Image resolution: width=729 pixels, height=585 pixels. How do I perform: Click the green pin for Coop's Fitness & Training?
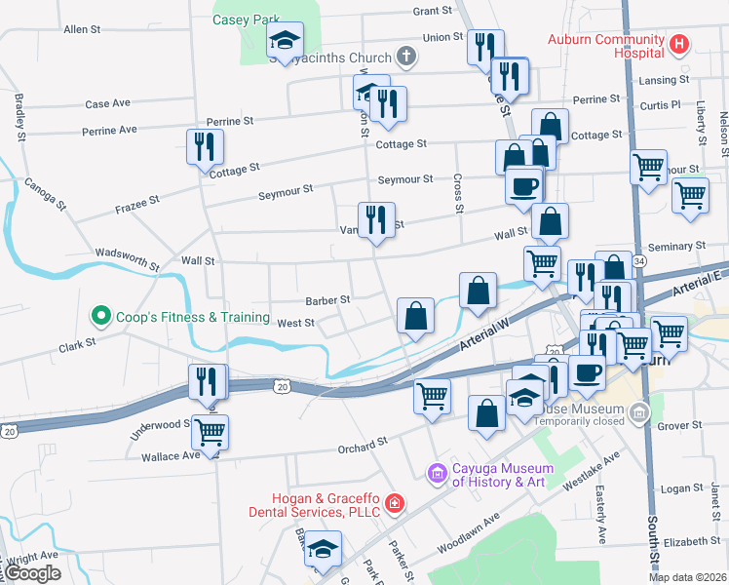point(99,316)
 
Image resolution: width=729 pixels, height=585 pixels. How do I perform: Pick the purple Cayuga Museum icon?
point(438,474)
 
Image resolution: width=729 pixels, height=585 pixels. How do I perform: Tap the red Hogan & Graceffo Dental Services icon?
point(394,503)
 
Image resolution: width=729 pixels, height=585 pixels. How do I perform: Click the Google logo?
point(32,573)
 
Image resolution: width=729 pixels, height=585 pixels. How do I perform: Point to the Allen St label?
point(82,30)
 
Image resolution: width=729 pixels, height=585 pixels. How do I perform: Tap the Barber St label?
point(327,300)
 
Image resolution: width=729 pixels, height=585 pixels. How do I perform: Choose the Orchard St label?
point(357,446)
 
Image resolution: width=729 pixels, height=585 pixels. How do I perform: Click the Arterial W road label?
point(483,340)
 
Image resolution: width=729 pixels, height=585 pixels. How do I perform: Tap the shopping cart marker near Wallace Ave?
point(210,430)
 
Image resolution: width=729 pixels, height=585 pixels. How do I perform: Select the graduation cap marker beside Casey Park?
point(285,40)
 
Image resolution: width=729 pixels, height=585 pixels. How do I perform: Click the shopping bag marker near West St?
point(415,316)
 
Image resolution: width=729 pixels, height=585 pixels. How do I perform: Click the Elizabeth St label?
point(692,541)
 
